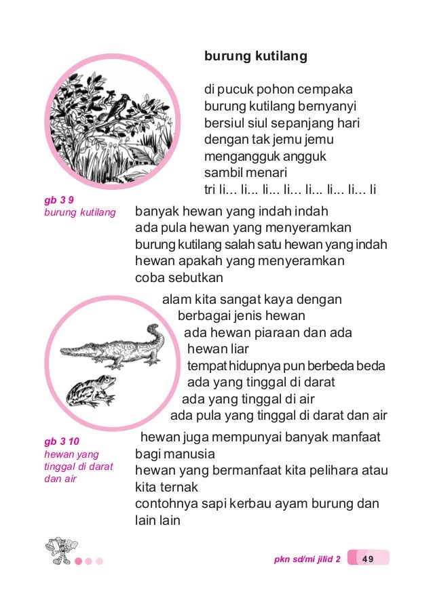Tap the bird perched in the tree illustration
pos(115,106)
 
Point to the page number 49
pos(368,559)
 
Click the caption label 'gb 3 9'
pos(59,201)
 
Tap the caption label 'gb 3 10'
pos(61,443)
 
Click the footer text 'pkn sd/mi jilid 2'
pos(307,559)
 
